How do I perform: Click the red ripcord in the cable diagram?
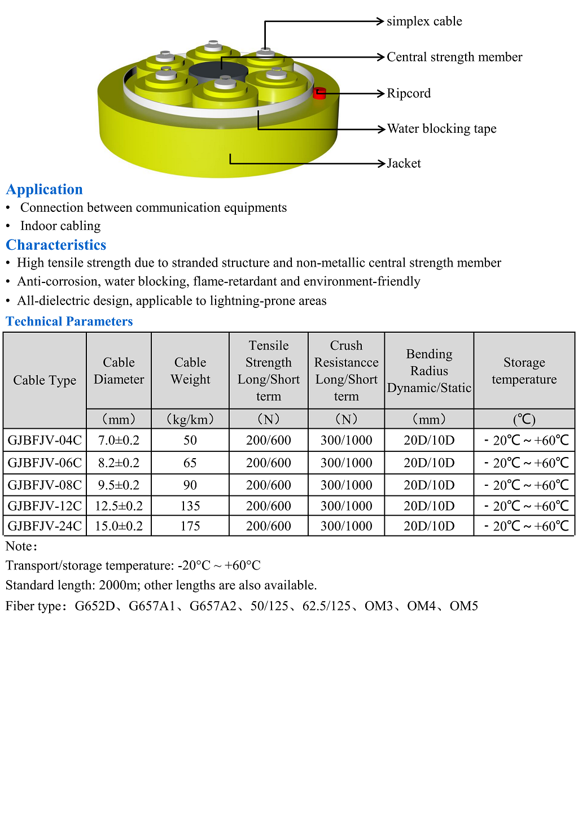click(x=319, y=93)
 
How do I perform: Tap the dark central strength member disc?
click(x=218, y=74)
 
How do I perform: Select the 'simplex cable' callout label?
click(x=424, y=21)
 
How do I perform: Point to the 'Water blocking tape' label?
click(x=441, y=129)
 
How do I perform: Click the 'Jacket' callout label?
click(x=404, y=164)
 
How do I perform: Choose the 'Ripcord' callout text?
click(x=409, y=93)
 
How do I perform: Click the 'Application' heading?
click(x=45, y=189)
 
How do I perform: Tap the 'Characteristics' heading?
click(x=56, y=245)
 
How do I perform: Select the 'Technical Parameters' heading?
click(x=69, y=321)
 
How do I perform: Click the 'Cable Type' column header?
click(x=45, y=380)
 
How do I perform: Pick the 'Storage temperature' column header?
click(x=524, y=371)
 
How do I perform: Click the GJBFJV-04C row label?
click(x=45, y=440)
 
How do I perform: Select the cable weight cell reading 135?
click(x=190, y=506)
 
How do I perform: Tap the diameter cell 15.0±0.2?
click(x=119, y=526)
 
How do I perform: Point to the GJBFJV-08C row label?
click(x=45, y=485)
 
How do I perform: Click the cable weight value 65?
click(x=190, y=463)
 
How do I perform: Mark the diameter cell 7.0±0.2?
click(x=119, y=440)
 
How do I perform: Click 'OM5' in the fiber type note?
click(x=463, y=606)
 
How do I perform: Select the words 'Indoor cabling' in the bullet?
click(x=60, y=226)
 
